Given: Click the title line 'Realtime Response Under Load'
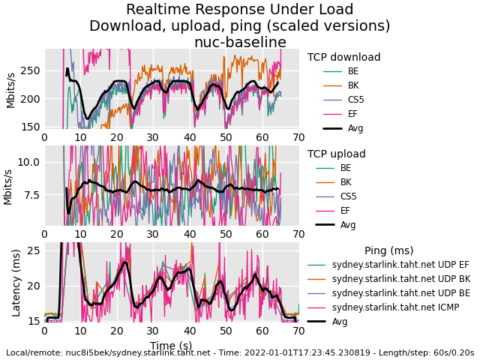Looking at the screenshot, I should [239, 10].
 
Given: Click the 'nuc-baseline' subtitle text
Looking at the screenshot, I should [240, 43].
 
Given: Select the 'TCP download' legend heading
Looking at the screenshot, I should [343, 58].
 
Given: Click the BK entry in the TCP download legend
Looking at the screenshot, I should [352, 85].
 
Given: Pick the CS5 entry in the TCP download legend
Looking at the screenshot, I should [355, 100].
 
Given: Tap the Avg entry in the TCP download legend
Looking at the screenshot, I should [355, 128].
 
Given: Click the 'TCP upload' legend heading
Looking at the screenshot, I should [336, 154].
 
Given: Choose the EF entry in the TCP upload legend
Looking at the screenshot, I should [345, 211].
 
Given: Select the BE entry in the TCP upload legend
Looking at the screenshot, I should [345, 168].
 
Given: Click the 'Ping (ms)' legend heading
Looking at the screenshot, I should [388, 251].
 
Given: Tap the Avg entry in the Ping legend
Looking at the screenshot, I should [340, 322].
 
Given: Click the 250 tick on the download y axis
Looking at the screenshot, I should [30, 70].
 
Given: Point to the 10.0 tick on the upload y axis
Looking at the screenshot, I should [27, 162].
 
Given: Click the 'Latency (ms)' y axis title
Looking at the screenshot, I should [16, 283].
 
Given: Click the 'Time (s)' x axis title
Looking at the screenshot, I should [170, 346].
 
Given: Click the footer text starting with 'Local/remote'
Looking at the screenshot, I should [239, 352].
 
